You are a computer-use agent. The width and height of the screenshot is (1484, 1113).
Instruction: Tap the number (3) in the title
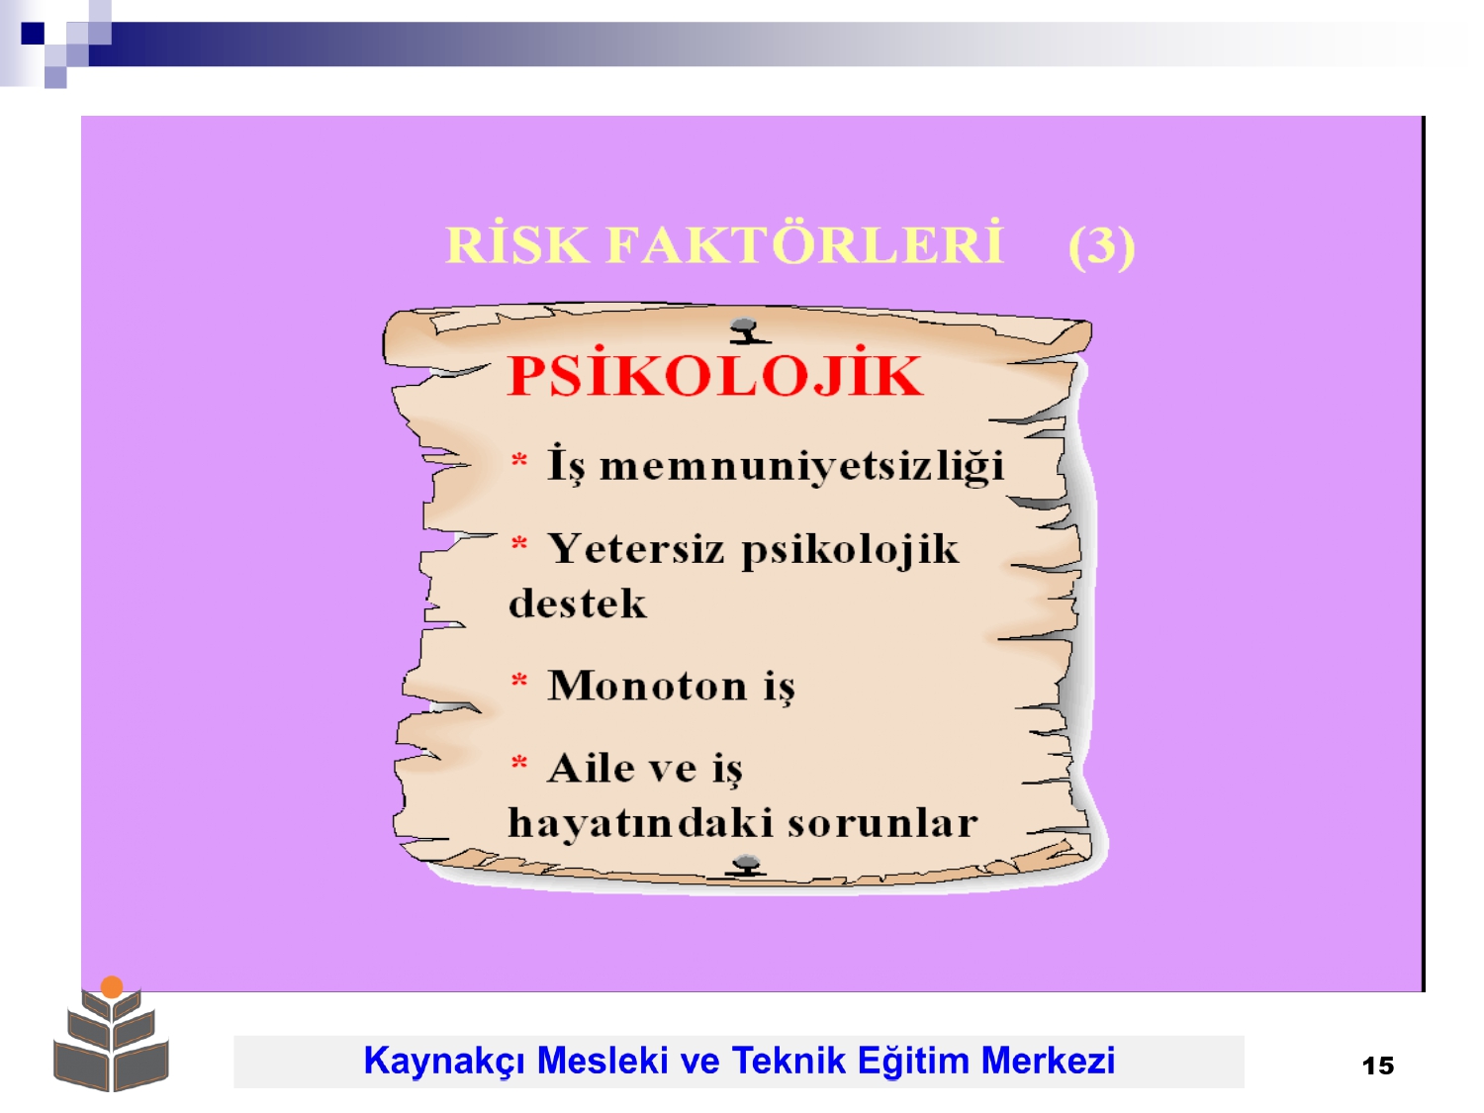coord(1101,246)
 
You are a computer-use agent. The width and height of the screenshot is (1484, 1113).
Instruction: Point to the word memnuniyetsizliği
coord(801,466)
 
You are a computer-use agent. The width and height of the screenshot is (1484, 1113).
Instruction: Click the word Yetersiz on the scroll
coord(635,548)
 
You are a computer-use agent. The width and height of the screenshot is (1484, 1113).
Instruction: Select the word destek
coord(577,603)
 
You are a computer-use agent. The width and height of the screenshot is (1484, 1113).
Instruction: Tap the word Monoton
coord(647,686)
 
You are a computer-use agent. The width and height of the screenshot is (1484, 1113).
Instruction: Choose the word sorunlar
coord(882,823)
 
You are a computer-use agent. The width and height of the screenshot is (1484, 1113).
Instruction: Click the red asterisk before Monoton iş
coord(518,679)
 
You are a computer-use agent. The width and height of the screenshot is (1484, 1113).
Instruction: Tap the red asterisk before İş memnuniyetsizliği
coord(518,460)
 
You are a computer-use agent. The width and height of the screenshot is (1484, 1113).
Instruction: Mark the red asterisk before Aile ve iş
coord(518,763)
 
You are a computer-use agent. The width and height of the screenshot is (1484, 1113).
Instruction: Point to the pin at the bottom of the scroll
coord(746,865)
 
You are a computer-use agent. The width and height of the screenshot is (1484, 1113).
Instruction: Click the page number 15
coord(1378,1066)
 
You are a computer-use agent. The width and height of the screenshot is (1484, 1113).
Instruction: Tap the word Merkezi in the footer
coord(1048,1060)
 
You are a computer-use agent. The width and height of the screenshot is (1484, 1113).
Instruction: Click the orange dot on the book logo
coord(112,986)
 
